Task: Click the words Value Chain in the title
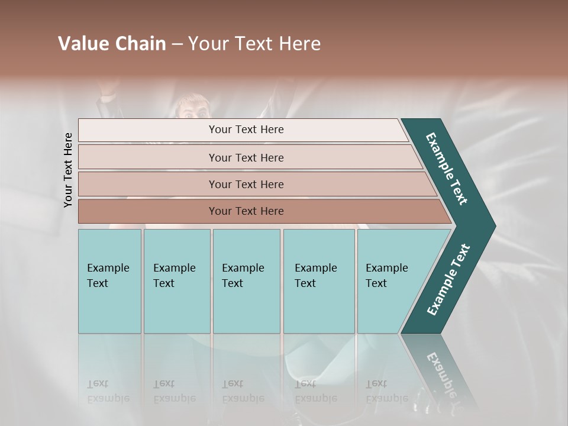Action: pos(112,44)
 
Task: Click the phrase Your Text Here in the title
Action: pos(254,44)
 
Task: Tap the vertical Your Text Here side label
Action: pos(68,170)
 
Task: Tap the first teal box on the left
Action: pos(109,281)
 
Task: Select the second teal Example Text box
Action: pos(177,281)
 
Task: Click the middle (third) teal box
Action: pos(246,281)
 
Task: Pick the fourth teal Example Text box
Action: pos(319,281)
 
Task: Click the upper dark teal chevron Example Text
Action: pos(447,169)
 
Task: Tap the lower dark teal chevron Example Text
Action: pos(448,279)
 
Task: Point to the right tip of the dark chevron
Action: pos(494,226)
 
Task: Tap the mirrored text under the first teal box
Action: pos(108,391)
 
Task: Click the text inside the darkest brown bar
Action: pos(246,211)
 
